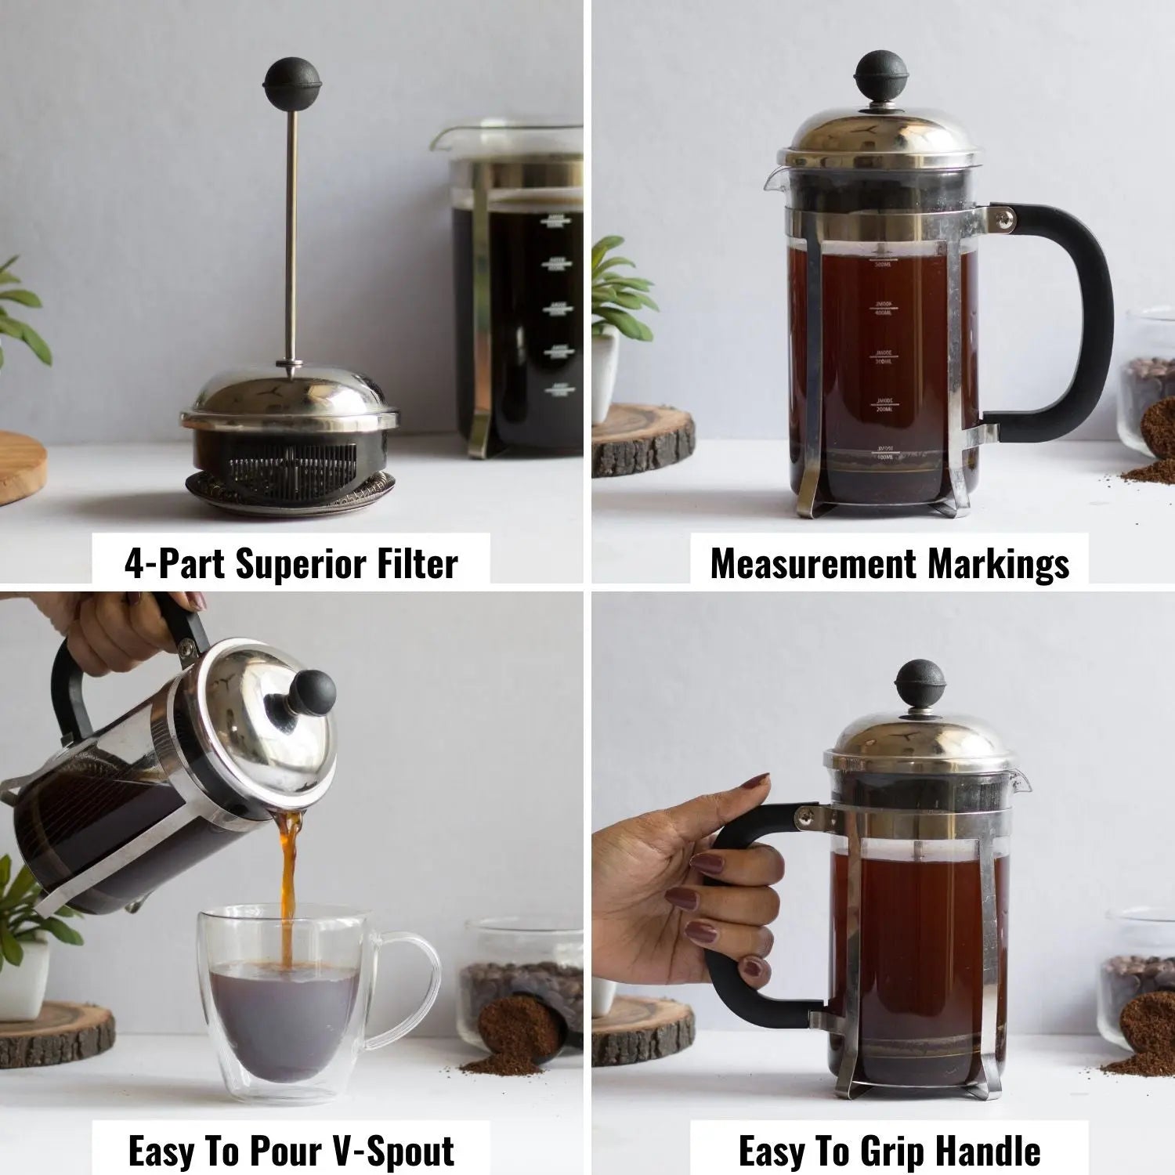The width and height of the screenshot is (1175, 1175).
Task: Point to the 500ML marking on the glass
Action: point(883,266)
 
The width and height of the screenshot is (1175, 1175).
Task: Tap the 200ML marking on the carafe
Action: point(883,407)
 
